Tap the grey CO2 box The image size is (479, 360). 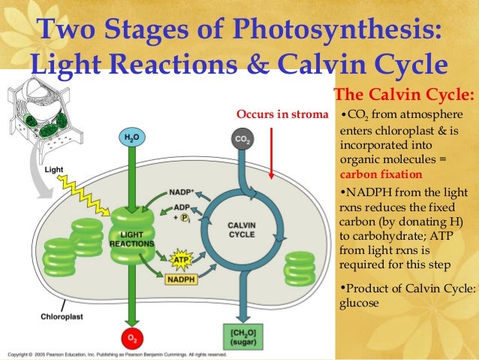click(242, 140)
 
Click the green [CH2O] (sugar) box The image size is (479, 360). click(243, 334)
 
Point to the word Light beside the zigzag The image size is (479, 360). click(54, 170)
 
